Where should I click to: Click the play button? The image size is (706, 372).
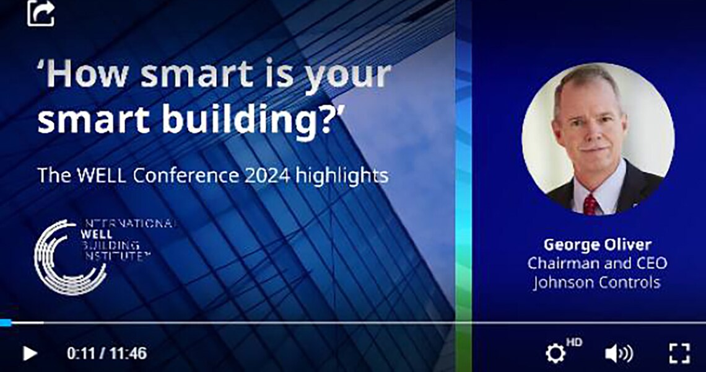pyautogui.click(x=30, y=353)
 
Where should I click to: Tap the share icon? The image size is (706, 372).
pyautogui.click(x=41, y=13)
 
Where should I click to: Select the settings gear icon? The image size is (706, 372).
pyautogui.click(x=556, y=353)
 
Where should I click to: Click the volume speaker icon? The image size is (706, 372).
pyautogui.click(x=619, y=353)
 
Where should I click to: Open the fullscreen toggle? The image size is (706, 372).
pyautogui.click(x=679, y=353)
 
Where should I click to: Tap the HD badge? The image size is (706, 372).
pyautogui.click(x=574, y=342)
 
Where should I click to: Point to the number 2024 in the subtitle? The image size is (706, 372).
pyautogui.click(x=267, y=175)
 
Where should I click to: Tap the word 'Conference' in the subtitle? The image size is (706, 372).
pyautogui.click(x=186, y=175)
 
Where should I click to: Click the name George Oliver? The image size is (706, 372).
pyautogui.click(x=598, y=246)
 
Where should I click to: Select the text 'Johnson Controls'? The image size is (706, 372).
pyautogui.click(x=597, y=283)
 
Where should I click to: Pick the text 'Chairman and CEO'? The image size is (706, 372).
pyautogui.click(x=597, y=263)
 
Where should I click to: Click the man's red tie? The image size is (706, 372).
pyautogui.click(x=590, y=205)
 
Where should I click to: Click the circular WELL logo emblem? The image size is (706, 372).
pyautogui.click(x=68, y=257)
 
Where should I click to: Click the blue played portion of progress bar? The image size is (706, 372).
pyautogui.click(x=6, y=322)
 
